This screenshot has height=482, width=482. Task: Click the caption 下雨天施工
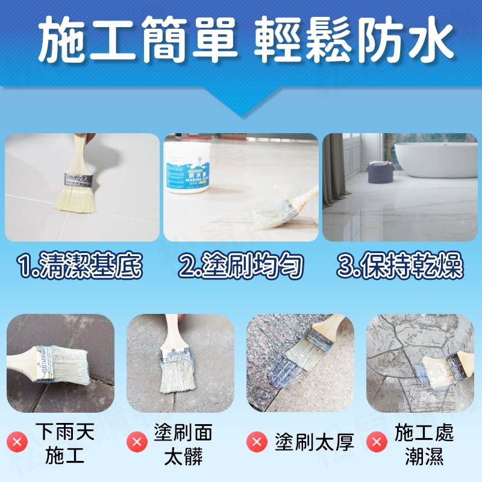tap(64, 443)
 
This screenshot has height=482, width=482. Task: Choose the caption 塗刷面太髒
tap(187, 443)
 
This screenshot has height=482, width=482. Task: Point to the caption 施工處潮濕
tap(424, 443)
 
